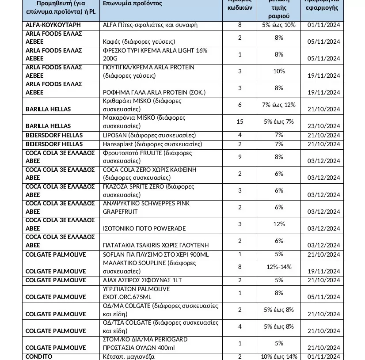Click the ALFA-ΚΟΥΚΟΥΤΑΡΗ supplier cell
(53, 25)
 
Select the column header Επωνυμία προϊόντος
(132, 4)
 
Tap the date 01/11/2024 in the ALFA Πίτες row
(323, 25)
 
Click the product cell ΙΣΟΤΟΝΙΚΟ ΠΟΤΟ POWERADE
(144, 228)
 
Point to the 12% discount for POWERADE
(278, 224)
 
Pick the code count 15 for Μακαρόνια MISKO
(240, 121)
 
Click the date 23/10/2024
(323, 125)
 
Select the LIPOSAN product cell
(149, 135)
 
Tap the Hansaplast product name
(149, 144)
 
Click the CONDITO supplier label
(39, 356)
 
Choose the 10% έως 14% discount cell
(278, 356)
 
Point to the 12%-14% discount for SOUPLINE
(278, 267)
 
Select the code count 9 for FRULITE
(240, 156)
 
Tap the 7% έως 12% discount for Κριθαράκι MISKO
(278, 105)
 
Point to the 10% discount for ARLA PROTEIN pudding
(278, 71)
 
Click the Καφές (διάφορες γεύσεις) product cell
(139, 42)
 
